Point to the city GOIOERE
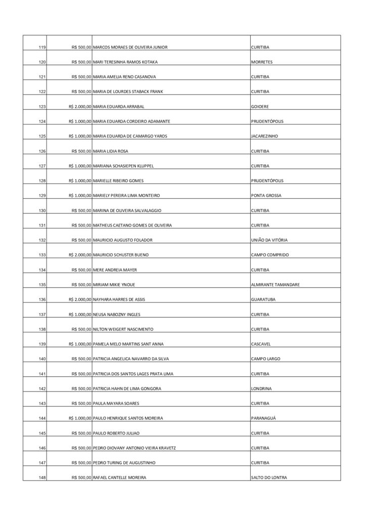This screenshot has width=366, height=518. click(x=260, y=107)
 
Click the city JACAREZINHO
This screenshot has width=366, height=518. click(x=264, y=136)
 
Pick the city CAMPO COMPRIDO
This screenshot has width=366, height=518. click(x=269, y=255)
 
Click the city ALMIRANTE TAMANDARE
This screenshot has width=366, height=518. click(x=275, y=285)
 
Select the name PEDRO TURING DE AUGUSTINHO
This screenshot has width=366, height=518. click(x=125, y=463)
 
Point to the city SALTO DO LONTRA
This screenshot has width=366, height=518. click(x=270, y=478)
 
